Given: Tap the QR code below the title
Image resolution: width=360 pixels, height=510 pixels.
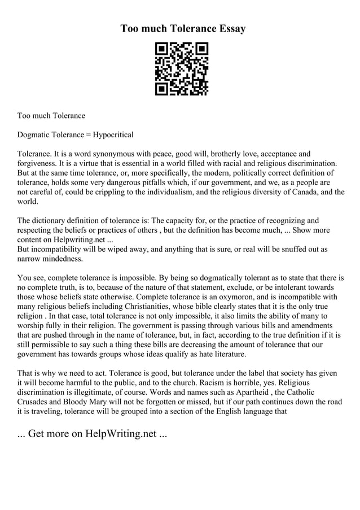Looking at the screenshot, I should (x=182, y=69).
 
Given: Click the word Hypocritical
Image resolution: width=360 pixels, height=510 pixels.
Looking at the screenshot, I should (x=113, y=135).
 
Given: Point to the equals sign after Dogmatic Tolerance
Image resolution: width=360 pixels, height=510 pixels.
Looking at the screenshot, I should (x=88, y=135).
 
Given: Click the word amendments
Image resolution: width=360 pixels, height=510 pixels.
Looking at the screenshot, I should (x=310, y=325).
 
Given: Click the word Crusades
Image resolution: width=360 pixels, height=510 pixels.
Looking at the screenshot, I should (x=35, y=402).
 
